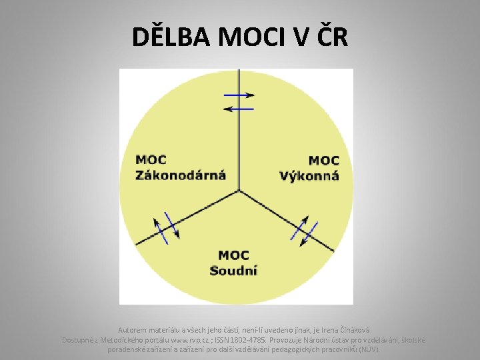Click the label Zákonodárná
point(181,176)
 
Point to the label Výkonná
point(309,176)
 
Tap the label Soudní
point(233,270)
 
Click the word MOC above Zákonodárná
point(151,160)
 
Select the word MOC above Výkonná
point(325,161)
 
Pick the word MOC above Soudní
point(233,255)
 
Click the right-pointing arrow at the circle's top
point(239,95)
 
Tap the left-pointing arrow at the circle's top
point(239,108)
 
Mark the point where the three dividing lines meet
point(239,191)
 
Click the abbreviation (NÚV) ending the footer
point(369,349)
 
